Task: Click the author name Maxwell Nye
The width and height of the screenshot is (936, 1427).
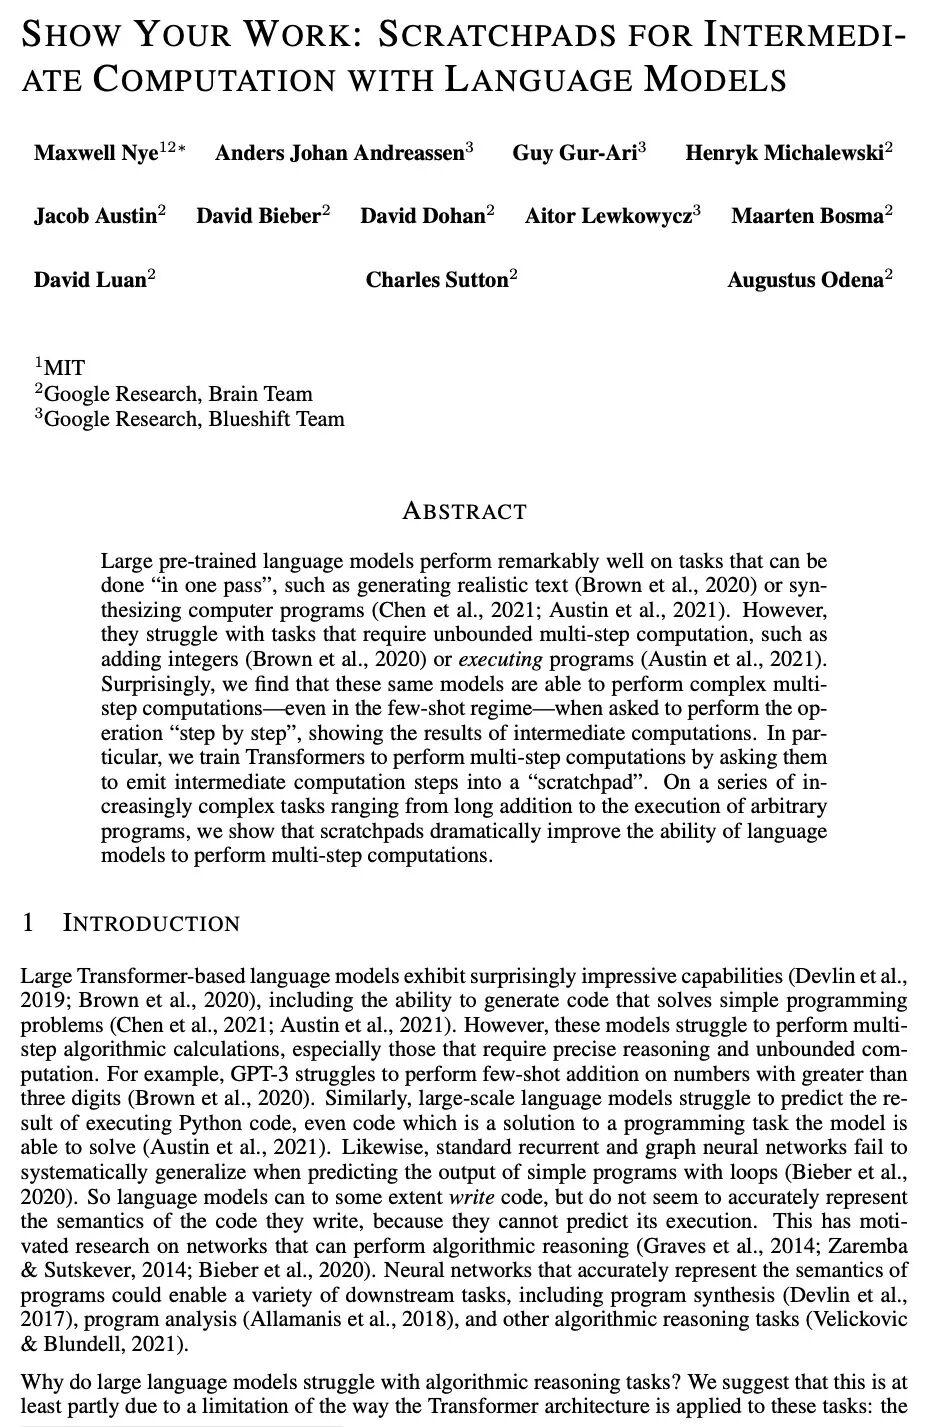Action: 96,153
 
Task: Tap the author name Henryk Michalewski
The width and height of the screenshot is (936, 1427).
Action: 784,153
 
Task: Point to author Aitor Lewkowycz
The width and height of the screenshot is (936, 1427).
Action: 608,216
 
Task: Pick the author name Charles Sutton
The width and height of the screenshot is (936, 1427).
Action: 437,280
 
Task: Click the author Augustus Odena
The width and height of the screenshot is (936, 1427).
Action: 806,280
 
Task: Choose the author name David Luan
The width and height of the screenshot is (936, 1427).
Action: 90,280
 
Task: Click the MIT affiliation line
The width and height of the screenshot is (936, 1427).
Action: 63,368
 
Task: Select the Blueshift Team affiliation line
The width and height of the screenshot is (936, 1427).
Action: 190,419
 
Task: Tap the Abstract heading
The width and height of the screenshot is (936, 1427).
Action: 464,512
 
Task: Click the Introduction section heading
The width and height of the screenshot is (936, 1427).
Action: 150,923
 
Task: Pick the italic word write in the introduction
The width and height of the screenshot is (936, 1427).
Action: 475,1197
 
